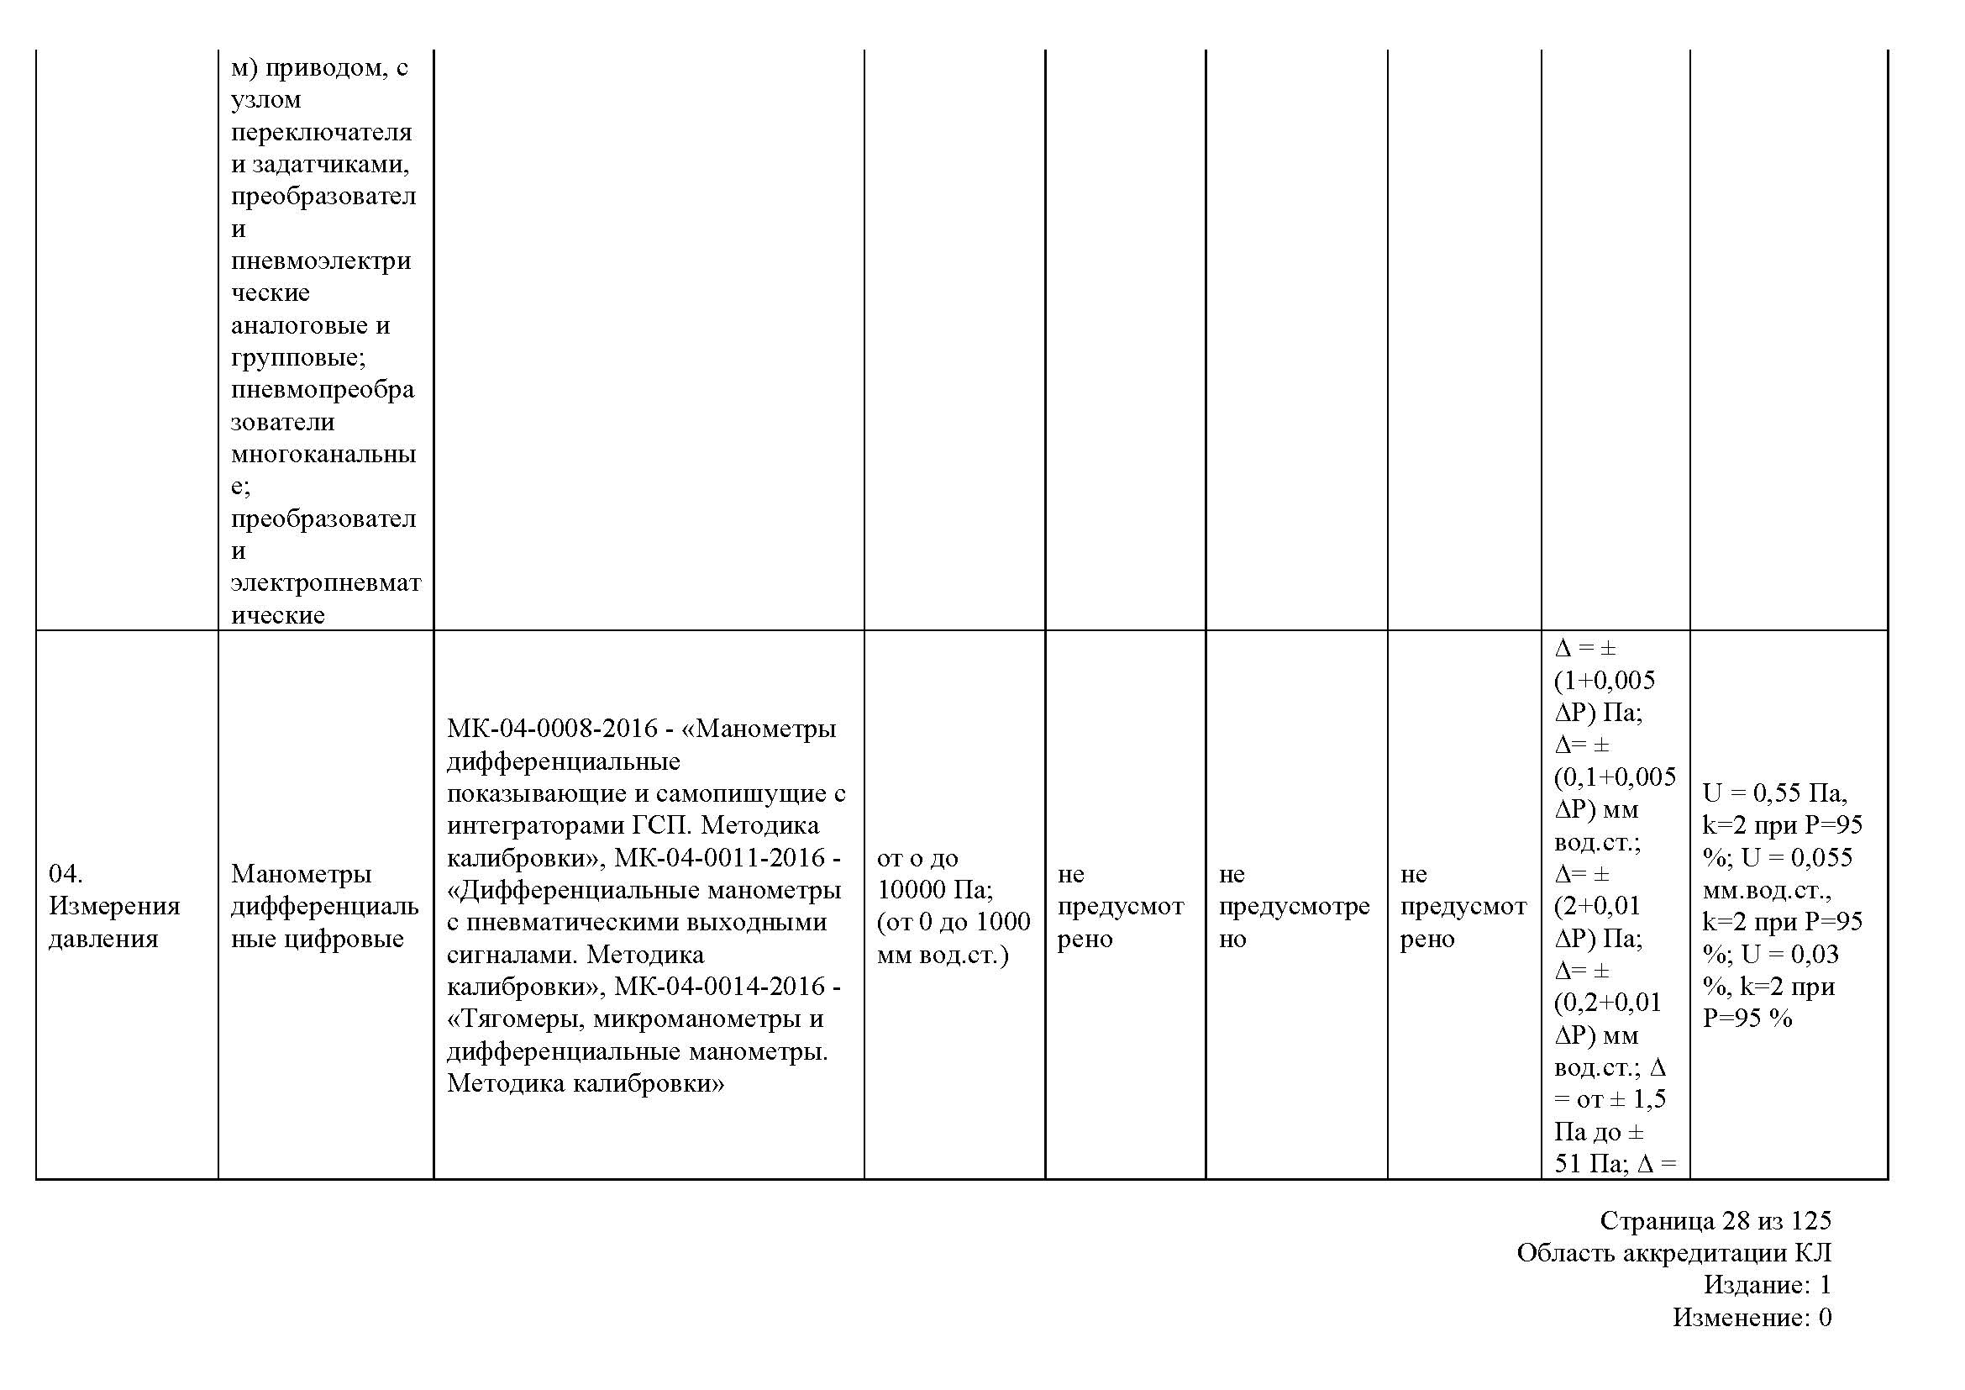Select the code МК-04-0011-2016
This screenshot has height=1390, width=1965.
coord(721,858)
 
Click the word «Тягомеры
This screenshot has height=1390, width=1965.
coord(515,1019)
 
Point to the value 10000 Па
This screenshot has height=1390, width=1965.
coord(933,890)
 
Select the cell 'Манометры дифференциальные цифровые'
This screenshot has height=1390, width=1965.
coord(324,906)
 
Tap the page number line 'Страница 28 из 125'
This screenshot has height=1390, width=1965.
coord(1715,1220)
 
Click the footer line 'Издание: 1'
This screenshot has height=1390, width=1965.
coord(1767,1285)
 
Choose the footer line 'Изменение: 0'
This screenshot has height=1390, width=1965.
coord(1752,1317)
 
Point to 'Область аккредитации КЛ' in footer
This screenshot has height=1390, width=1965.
coord(1674,1253)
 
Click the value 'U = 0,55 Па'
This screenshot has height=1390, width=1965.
coord(1774,793)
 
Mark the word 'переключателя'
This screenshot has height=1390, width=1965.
coord(321,133)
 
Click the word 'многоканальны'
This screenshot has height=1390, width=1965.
coord(323,454)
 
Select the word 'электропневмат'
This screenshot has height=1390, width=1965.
coord(325,583)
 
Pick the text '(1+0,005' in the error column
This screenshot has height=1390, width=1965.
coord(1604,681)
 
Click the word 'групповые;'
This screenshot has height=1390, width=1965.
coord(298,357)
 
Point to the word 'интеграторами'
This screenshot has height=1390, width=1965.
coord(536,826)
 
